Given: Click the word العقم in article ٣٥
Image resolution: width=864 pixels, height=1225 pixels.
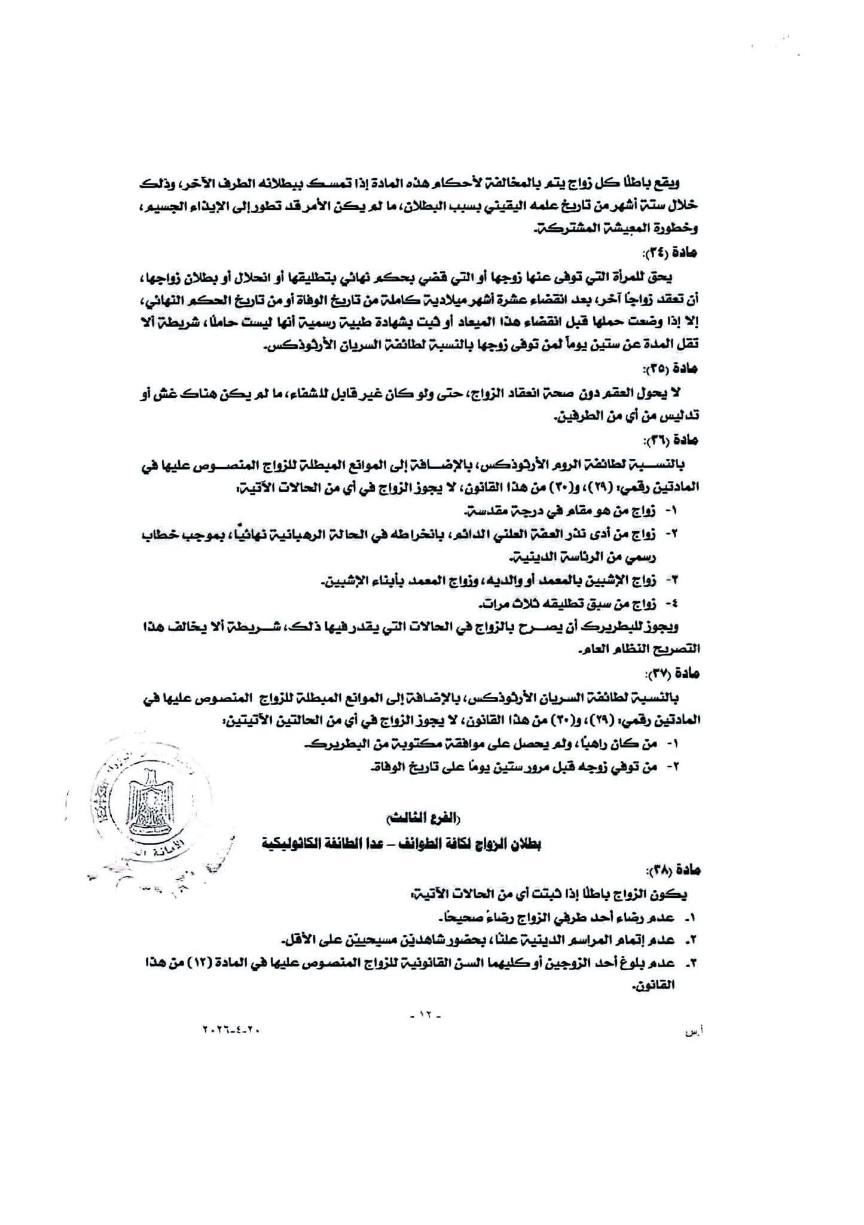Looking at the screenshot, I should tap(622, 392).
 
